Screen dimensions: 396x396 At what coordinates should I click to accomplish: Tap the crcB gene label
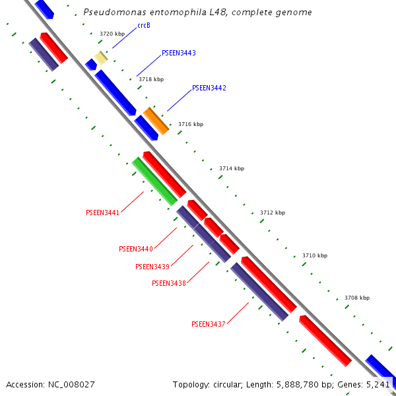(144, 26)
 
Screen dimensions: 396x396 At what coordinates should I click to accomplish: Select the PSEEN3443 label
(179, 53)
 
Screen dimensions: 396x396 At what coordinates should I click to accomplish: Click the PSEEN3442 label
(209, 88)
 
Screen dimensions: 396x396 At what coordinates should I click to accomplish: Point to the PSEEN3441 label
(102, 213)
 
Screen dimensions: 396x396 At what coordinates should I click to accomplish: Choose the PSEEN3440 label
(136, 249)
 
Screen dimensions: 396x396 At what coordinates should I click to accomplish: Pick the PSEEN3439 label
(152, 267)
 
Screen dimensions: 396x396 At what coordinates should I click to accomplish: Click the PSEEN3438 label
(169, 283)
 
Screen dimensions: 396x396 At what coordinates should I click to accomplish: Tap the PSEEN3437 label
(209, 324)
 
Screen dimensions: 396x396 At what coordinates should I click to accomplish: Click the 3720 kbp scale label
(112, 34)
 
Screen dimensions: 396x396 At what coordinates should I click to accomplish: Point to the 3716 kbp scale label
(191, 124)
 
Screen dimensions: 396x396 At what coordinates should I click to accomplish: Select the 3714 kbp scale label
(232, 168)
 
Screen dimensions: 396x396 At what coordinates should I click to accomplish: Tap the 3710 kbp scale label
(315, 255)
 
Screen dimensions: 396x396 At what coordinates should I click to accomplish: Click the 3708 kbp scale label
(357, 298)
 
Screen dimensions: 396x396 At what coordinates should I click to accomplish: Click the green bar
(155, 181)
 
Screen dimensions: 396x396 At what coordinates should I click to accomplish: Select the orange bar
(156, 121)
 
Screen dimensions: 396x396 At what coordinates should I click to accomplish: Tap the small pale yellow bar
(100, 57)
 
